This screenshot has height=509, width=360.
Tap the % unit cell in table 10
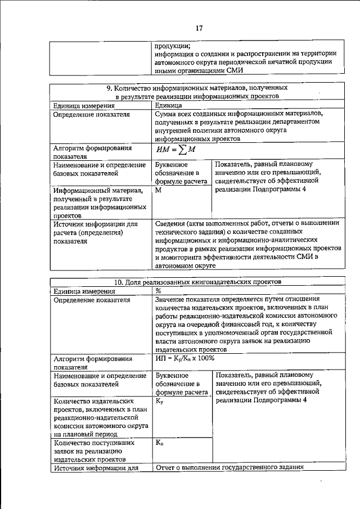tap(159, 291)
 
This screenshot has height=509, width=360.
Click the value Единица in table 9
tap(169, 105)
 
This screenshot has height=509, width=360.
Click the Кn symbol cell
tap(159, 443)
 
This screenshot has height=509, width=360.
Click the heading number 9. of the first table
tap(110, 88)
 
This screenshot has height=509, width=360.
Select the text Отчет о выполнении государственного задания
tap(229, 467)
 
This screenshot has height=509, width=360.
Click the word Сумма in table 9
tap(168, 114)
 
